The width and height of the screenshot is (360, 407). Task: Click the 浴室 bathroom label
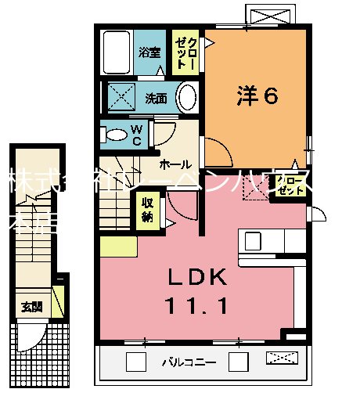[x=149, y=53]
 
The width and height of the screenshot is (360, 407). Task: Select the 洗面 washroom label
[x=156, y=99]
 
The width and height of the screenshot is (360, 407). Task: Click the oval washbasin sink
[x=187, y=99]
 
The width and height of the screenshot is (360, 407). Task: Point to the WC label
[x=136, y=135]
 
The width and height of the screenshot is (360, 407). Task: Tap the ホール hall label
[x=172, y=165]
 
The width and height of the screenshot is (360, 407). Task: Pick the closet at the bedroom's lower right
[x=290, y=186]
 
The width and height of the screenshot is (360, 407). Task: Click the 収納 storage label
[x=148, y=209]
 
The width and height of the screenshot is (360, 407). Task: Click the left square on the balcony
[x=136, y=362]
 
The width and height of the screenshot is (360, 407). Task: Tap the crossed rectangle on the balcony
[x=283, y=359]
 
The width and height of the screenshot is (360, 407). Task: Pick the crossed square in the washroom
[x=122, y=99]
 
